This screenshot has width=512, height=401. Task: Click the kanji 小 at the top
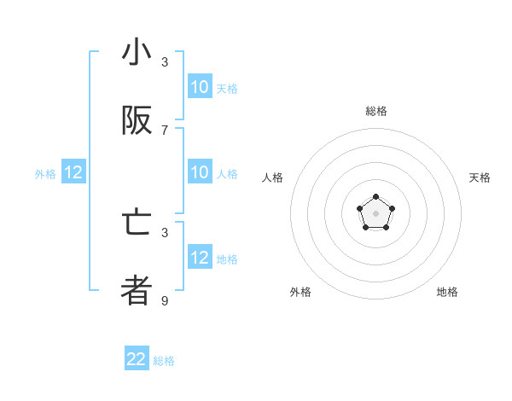point(137,54)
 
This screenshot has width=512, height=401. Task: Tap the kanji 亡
point(137,223)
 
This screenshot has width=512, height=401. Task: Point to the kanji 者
point(137,291)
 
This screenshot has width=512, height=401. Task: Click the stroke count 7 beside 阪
point(165,130)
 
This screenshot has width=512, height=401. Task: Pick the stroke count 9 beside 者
point(165,300)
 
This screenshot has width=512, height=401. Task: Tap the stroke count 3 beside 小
point(165,62)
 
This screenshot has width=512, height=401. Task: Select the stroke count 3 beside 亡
point(165,232)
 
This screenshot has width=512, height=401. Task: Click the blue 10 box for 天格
point(200,87)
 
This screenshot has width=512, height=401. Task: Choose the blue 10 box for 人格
point(200,173)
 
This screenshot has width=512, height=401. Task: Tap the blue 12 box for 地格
point(200,258)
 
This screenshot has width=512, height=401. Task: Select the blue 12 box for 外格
point(73,173)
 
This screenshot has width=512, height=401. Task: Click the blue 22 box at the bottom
point(137,359)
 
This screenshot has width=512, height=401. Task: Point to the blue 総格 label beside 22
point(164,361)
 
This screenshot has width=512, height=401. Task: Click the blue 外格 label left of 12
point(45,174)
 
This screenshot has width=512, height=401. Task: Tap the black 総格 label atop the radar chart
point(376,111)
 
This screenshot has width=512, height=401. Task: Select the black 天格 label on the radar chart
point(480,177)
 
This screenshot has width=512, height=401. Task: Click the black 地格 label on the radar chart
point(447,292)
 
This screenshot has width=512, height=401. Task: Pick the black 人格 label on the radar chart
point(273,177)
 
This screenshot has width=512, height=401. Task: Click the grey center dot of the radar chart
point(375,213)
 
